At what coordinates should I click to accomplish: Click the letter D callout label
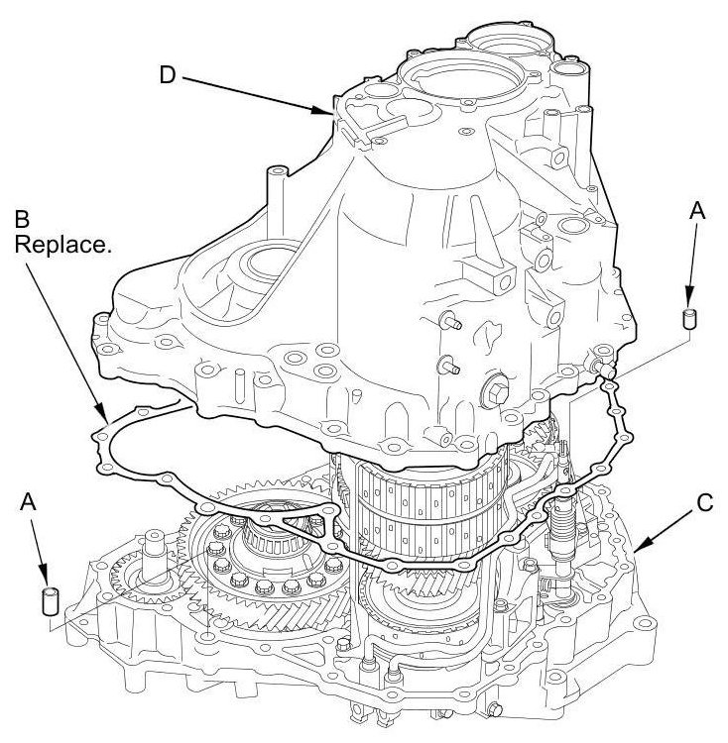(x=168, y=75)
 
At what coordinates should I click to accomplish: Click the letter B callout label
(x=22, y=219)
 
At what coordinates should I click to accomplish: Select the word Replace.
(x=62, y=246)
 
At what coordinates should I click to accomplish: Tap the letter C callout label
(x=705, y=503)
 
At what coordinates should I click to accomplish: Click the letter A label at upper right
(x=696, y=211)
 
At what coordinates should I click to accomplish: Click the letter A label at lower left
(x=29, y=502)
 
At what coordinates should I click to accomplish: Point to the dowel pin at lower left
(x=51, y=601)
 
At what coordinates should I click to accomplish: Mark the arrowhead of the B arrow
(x=102, y=413)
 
